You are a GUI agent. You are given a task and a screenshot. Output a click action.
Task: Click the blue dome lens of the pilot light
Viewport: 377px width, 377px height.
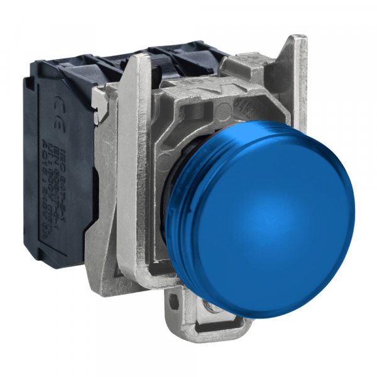pyautogui.click(x=276, y=207)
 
